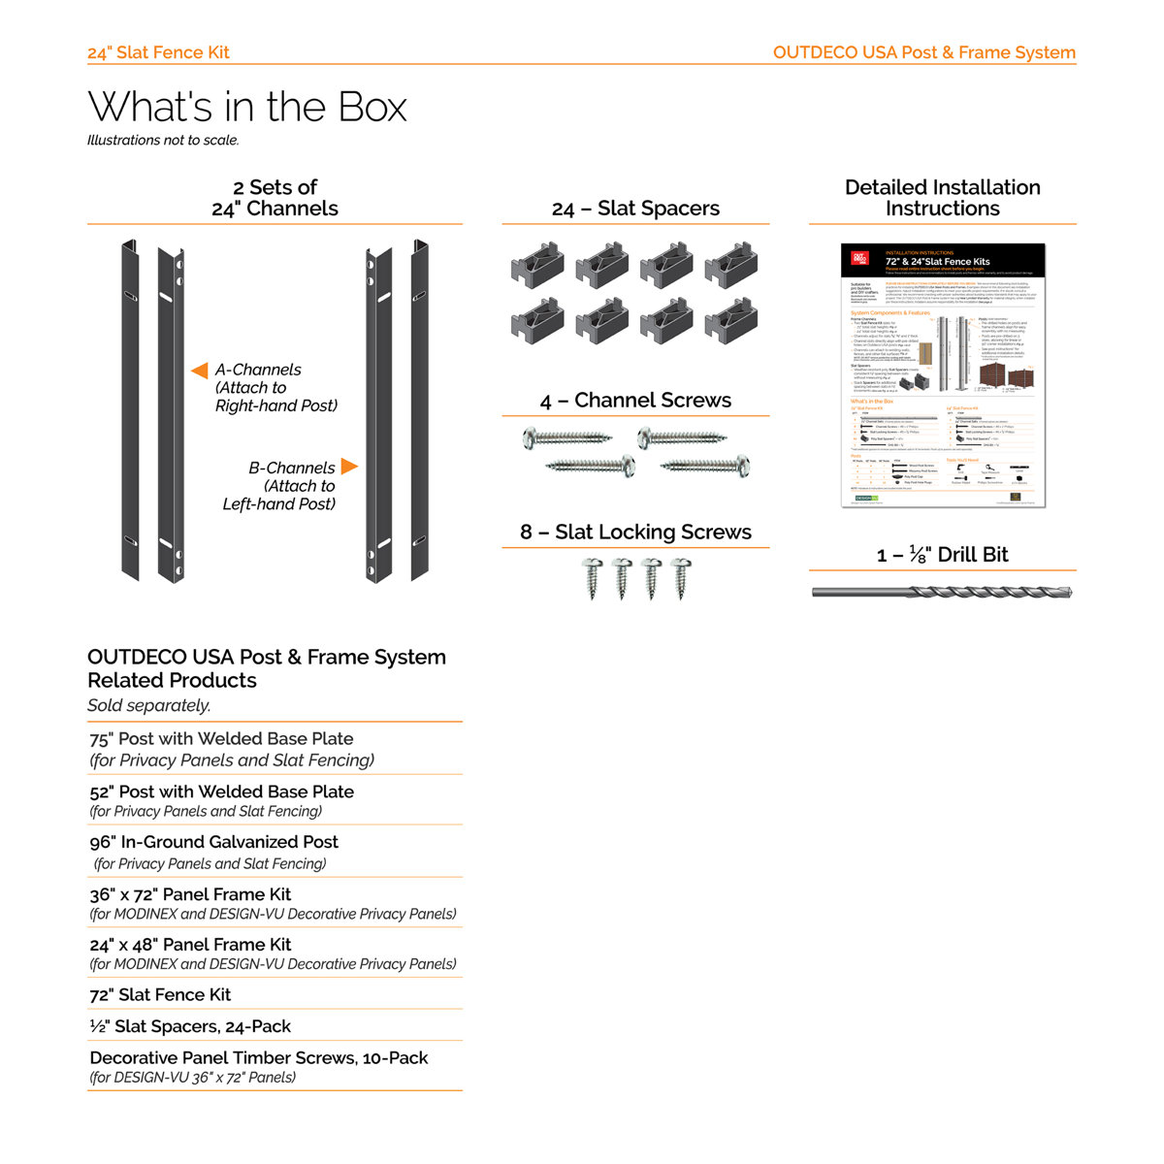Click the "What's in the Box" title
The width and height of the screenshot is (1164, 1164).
[x=247, y=107]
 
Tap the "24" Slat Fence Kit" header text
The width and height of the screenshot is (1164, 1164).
[x=158, y=52]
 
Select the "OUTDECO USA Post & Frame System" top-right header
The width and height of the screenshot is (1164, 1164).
[x=923, y=52]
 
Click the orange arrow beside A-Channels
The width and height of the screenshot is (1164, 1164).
[x=200, y=371]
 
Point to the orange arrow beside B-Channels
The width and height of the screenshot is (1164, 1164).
[x=349, y=467]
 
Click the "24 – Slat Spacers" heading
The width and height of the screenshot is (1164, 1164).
[x=635, y=209]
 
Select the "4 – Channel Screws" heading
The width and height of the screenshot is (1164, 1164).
[x=635, y=401]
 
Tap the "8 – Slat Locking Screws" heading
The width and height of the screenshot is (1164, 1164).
[x=635, y=532]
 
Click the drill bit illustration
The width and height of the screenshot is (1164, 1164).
[x=942, y=592]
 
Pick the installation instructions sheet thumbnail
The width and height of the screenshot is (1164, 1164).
[x=943, y=374]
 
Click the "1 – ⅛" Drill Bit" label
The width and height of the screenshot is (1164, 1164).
[x=942, y=555]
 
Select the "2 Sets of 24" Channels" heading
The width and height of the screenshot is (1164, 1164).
[x=275, y=198]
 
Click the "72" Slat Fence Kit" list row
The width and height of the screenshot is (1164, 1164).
[x=160, y=994]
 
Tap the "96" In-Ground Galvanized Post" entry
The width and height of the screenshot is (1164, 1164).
[x=213, y=842]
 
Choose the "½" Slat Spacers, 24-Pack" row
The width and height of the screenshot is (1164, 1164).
[x=190, y=1026]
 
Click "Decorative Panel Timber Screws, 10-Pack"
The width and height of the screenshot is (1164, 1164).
[x=259, y=1058]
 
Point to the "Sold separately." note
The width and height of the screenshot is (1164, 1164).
[x=148, y=705]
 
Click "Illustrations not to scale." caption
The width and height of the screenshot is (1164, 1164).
[x=163, y=141]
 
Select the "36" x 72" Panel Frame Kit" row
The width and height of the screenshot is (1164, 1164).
[x=190, y=894]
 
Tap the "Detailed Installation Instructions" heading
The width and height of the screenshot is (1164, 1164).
[x=942, y=198]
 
